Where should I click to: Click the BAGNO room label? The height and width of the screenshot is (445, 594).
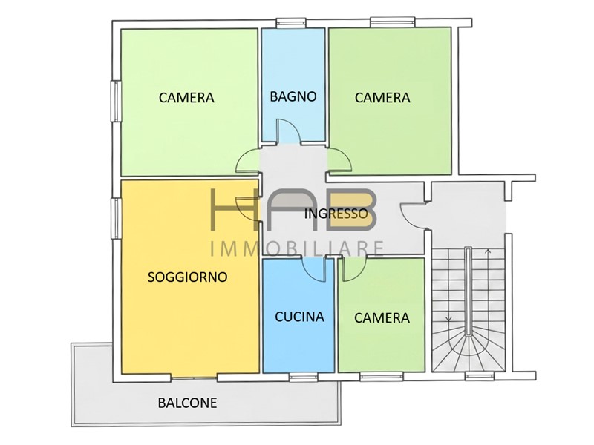[x=293, y=96]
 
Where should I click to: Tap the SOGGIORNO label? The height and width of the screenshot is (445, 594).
[x=188, y=277]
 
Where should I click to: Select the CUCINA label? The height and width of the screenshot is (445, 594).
[x=299, y=317]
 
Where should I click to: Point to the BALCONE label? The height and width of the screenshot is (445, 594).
[x=188, y=403]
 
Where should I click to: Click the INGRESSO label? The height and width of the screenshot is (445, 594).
[x=336, y=214]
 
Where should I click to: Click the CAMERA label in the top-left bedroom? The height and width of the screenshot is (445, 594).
[x=186, y=98]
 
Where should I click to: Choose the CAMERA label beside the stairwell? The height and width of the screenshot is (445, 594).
[x=382, y=318]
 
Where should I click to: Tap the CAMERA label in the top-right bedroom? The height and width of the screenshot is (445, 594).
[x=382, y=98]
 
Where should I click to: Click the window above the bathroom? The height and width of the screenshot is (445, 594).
[x=291, y=23]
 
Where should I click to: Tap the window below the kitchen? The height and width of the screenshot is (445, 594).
[x=304, y=377]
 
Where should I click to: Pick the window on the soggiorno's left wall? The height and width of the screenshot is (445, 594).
[x=116, y=218]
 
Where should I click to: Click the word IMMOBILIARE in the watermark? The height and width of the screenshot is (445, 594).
[x=297, y=249]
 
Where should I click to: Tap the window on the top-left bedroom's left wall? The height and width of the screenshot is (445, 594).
[x=116, y=101]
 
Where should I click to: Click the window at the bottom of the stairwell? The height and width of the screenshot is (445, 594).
[x=480, y=376]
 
